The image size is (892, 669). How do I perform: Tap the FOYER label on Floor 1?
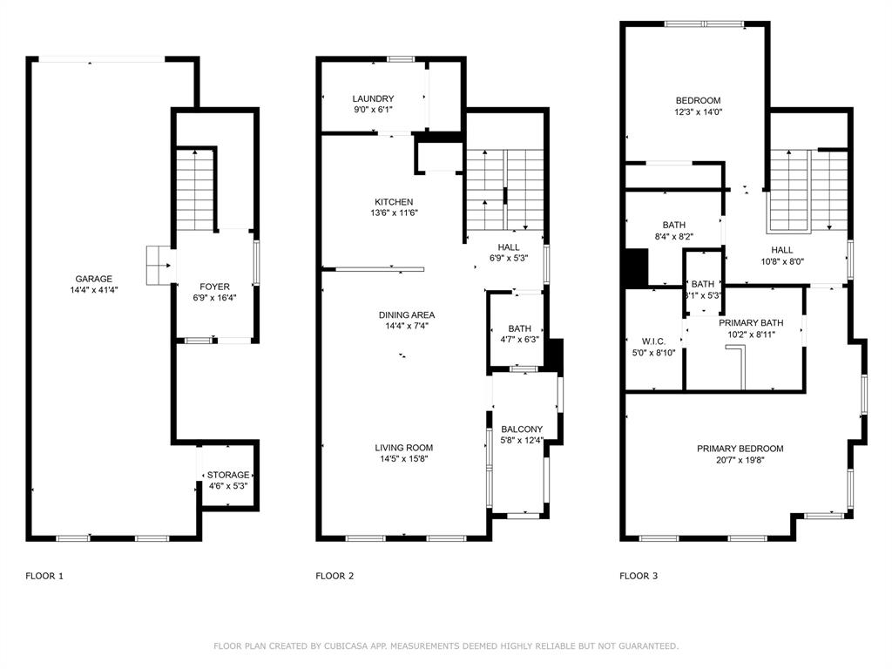[214, 286]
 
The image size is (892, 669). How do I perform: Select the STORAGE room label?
[228, 475]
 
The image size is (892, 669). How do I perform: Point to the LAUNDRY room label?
[373, 99]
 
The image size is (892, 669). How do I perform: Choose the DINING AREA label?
[406, 314]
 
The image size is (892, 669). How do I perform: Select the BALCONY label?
[522, 429]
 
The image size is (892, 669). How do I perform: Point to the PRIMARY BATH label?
[750, 322]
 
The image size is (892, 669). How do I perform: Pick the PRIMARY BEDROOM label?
[740, 449]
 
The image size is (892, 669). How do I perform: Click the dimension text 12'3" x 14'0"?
[698, 111]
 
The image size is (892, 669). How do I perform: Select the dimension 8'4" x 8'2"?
[673, 236]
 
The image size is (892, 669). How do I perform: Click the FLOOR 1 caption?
[44, 576]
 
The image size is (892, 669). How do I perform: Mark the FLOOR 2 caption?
[334, 576]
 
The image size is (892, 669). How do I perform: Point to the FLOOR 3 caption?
[639, 576]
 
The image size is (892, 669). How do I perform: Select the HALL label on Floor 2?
[508, 247]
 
